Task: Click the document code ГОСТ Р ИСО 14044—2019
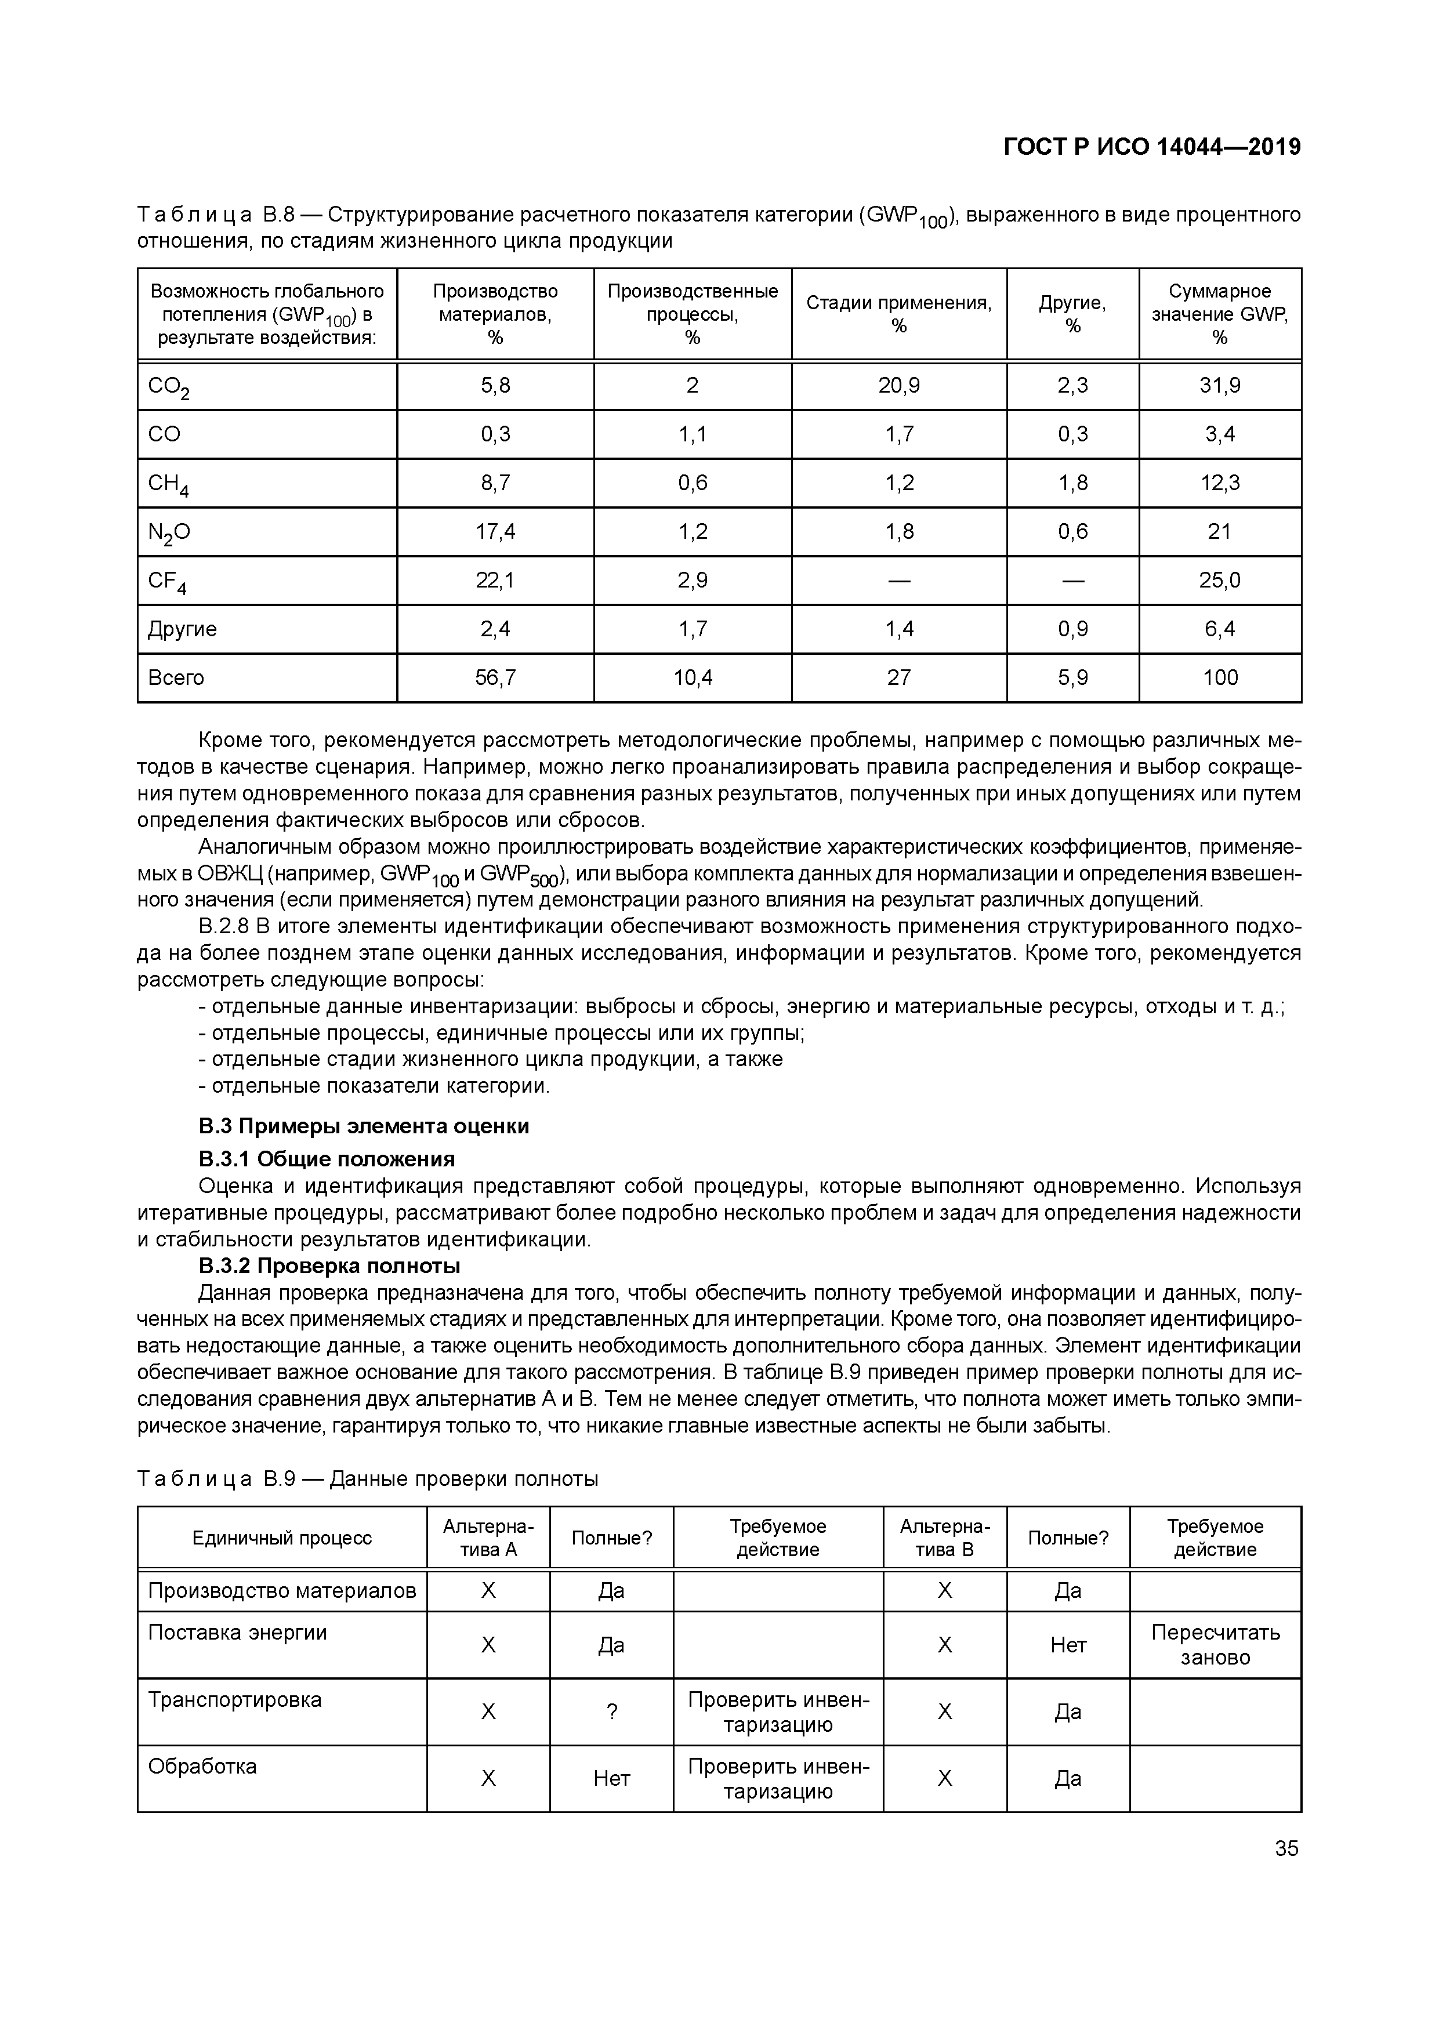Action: coord(1152,147)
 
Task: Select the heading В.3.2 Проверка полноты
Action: coord(329,1266)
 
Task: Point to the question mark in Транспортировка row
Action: coord(611,1713)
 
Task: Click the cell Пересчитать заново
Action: coord(1215,1644)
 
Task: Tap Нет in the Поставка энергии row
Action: coord(1068,1645)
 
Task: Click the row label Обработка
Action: coord(202,1767)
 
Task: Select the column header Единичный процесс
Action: coord(282,1538)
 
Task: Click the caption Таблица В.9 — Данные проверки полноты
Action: coord(368,1480)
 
